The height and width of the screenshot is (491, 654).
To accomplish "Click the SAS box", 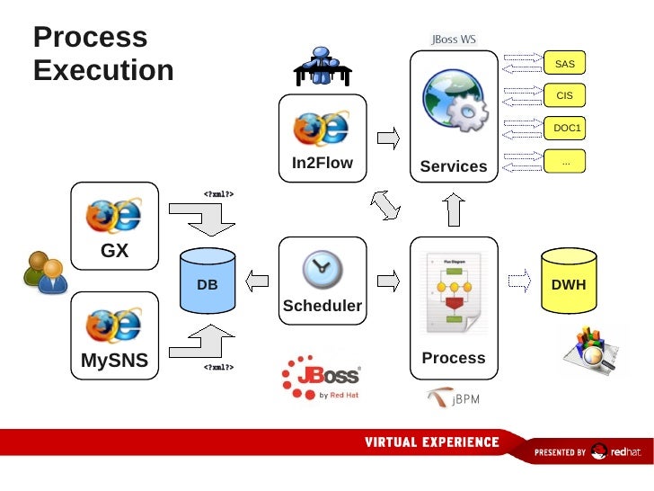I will [x=564, y=64].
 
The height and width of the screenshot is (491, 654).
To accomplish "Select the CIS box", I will [x=564, y=95].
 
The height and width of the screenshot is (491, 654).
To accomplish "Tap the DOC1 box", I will [x=566, y=128].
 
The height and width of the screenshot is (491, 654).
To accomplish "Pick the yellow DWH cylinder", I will [x=569, y=282].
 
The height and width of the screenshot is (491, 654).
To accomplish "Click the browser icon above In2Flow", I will [x=322, y=129].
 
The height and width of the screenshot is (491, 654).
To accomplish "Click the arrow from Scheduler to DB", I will [x=259, y=281].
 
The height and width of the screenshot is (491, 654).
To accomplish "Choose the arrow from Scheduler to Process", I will [x=388, y=281].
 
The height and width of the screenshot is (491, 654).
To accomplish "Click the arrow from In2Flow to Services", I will [x=388, y=138].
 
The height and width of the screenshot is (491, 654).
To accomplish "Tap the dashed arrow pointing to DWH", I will [x=518, y=281].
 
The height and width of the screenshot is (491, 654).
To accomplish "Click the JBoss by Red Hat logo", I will [x=321, y=379].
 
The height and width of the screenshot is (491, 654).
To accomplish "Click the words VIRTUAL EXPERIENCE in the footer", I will [x=431, y=442].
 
